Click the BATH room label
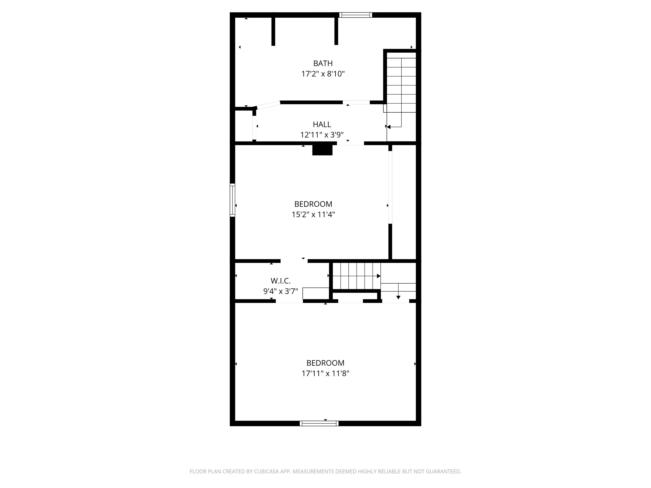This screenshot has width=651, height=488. (323, 63)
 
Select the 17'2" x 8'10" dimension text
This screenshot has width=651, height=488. (323, 74)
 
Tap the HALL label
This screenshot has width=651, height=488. (322, 124)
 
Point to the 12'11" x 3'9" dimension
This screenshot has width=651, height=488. (322, 135)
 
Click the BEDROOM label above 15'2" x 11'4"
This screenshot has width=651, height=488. (313, 204)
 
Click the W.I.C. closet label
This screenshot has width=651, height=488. (281, 281)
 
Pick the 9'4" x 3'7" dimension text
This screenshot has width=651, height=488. (281, 291)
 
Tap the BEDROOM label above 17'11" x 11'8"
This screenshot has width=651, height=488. (325, 363)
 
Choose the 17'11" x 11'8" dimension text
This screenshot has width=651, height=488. (325, 374)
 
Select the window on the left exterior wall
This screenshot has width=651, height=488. (232, 200)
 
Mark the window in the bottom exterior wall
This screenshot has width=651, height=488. (319, 423)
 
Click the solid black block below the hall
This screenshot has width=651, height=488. (322, 150)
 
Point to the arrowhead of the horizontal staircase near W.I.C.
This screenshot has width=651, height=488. (379, 276)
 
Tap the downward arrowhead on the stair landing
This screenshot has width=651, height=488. (398, 297)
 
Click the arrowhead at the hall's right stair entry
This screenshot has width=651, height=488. (388, 127)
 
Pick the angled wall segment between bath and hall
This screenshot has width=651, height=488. (268, 105)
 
